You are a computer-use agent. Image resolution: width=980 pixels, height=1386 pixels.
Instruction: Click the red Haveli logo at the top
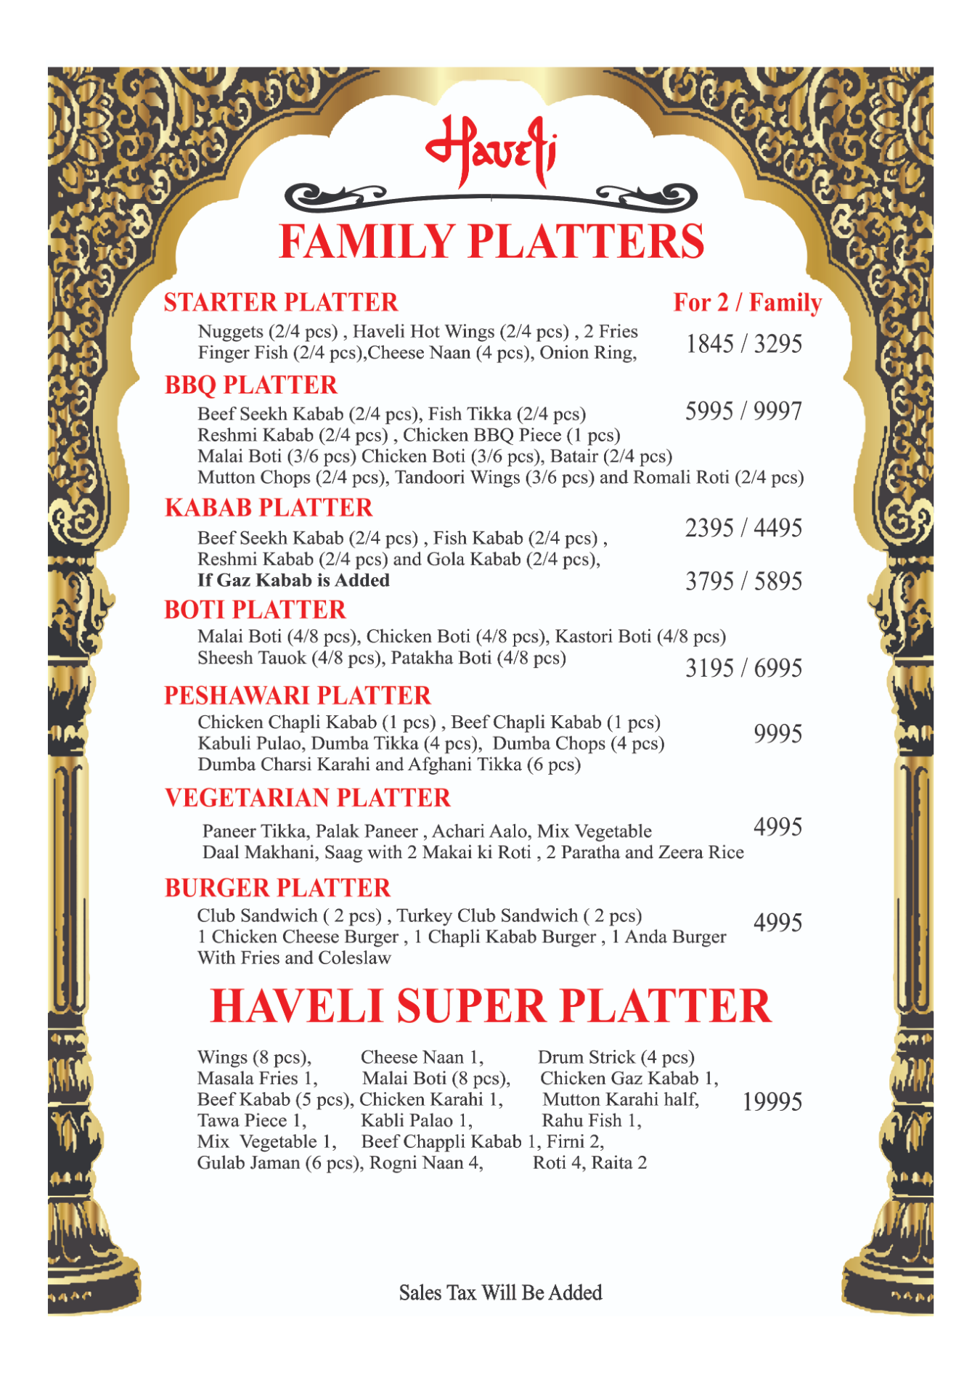(x=491, y=150)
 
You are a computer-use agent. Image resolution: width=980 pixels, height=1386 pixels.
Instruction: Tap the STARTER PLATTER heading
(x=281, y=302)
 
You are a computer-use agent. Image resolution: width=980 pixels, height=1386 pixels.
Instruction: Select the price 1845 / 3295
(x=743, y=343)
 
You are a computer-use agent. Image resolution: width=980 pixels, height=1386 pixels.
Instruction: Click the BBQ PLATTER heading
(x=251, y=385)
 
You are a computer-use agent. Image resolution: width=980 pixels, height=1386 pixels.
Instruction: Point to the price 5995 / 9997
(x=743, y=411)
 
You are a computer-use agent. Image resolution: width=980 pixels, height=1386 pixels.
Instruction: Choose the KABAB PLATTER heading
(x=269, y=507)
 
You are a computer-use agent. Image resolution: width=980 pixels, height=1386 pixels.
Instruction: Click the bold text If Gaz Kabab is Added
(x=293, y=580)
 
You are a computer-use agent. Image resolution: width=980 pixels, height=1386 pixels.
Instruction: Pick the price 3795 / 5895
(x=743, y=581)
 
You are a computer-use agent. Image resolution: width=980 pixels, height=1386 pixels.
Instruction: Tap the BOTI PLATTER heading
(x=255, y=610)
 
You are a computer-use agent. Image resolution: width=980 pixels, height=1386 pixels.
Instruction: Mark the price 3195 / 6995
(x=743, y=668)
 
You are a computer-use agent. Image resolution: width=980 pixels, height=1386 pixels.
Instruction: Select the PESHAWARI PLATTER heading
(x=298, y=696)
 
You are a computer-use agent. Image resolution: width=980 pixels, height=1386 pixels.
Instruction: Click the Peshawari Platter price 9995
(x=777, y=734)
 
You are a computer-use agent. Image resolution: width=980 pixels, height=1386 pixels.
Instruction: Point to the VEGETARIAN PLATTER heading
(x=308, y=798)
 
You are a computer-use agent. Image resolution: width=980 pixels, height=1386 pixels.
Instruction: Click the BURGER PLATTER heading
(x=277, y=888)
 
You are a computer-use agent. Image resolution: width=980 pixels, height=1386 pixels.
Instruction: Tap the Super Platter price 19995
(x=772, y=1101)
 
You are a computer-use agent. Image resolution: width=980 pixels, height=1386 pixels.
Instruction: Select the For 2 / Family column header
(x=748, y=302)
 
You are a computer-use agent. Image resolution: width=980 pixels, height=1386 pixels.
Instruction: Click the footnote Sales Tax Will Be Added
(x=500, y=1292)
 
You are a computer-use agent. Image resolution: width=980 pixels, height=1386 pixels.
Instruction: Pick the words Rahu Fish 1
(x=592, y=1120)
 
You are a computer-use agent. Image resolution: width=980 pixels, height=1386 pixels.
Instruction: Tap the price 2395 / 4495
(x=743, y=528)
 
